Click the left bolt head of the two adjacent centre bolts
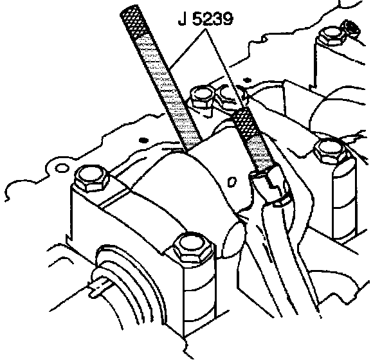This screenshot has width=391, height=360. (203, 97)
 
